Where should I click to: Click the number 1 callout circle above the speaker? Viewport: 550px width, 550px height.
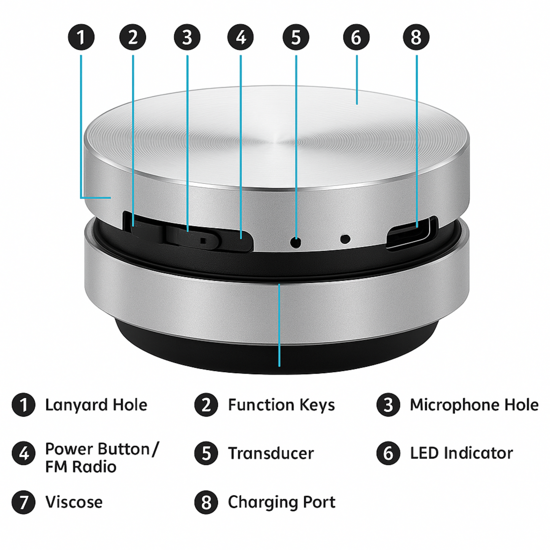81,37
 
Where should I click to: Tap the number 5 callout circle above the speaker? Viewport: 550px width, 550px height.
296,37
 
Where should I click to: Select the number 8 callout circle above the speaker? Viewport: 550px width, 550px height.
416,37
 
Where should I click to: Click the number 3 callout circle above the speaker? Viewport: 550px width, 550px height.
187,37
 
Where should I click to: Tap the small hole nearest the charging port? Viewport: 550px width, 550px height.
345,239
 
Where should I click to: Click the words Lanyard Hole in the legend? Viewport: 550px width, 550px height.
96,405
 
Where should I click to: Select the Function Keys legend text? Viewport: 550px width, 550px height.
281,405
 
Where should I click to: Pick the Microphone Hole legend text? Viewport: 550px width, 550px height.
474,405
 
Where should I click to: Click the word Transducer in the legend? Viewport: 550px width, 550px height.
271,453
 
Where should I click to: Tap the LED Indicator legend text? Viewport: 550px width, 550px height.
461,453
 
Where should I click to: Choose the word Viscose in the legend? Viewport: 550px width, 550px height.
74,502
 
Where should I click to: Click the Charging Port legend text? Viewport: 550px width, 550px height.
281,502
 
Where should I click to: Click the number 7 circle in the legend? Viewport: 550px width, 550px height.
24,502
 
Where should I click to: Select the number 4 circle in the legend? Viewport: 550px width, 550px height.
24,453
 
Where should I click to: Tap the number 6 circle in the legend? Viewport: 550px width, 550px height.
388,453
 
